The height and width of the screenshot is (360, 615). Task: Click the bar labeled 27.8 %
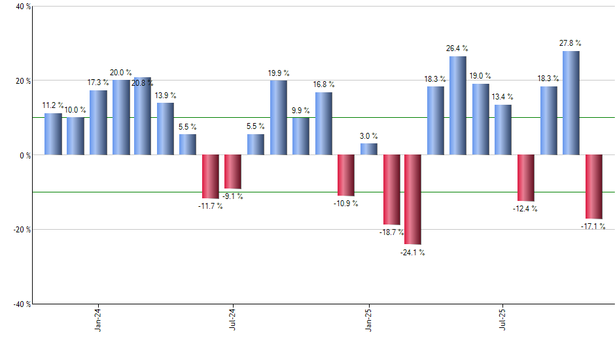(571, 103)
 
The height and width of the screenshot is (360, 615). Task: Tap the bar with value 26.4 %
(458, 105)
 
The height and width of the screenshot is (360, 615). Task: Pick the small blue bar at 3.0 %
(368, 149)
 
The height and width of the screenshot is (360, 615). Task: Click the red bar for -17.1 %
(593, 187)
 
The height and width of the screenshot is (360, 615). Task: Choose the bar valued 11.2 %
(53, 134)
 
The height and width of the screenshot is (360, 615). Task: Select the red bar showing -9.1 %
(233, 171)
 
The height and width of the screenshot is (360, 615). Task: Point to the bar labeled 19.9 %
(278, 118)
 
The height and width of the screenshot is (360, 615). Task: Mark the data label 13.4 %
(503, 97)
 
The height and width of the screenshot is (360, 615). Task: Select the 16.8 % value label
(323, 84)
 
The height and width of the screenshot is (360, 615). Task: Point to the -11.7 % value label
(209, 206)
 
